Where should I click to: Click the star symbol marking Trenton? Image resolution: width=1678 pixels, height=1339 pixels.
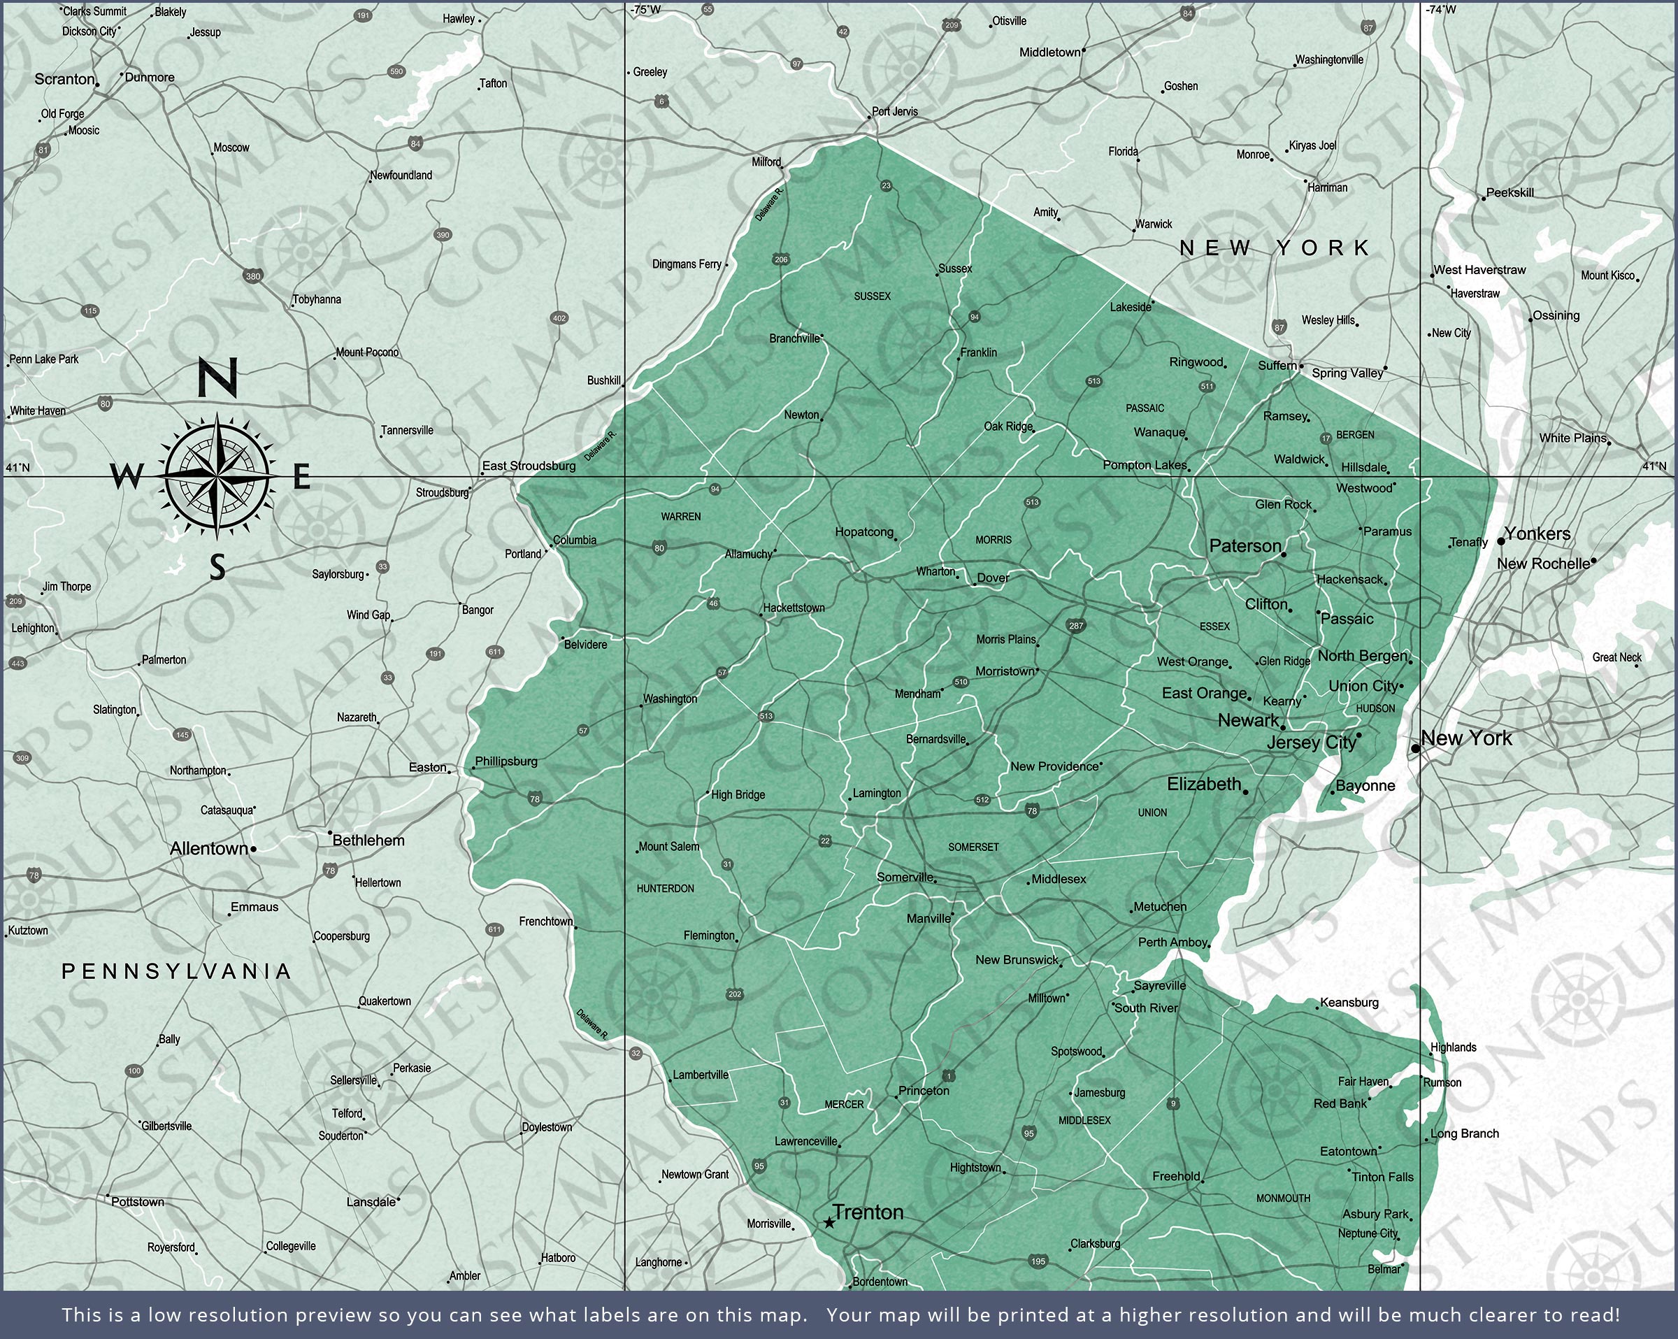pos(830,1223)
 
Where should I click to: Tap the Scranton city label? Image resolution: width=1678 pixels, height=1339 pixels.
pos(64,80)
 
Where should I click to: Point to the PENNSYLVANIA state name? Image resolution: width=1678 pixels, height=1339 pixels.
pos(177,971)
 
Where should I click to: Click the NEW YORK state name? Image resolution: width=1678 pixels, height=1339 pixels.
pos(1275,248)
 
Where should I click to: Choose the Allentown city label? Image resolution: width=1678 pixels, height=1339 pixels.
pos(208,849)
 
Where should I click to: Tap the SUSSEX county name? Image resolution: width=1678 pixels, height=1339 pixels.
pos(872,296)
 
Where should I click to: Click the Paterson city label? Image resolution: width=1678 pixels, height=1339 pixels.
pos(1245,547)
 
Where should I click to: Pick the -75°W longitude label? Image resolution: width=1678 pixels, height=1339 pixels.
pos(645,10)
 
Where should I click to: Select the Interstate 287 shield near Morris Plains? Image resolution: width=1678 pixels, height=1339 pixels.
pos(1077,626)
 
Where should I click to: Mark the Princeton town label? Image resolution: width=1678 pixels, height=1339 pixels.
pos(924,1091)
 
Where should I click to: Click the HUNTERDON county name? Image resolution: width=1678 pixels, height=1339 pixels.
pos(665,888)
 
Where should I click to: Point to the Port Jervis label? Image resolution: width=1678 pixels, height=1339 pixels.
pos(895,112)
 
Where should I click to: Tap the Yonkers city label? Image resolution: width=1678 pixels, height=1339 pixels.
pos(1537,534)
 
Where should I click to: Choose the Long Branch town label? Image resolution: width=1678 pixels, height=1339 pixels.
pos(1464,1133)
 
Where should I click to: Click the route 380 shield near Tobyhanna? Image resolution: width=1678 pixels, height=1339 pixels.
pos(253,275)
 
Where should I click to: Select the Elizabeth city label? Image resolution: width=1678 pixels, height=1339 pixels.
pos(1204,784)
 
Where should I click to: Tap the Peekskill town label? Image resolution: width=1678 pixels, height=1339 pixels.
pos(1510,193)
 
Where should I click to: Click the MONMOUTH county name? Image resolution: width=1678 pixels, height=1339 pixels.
pos(1284,1198)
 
